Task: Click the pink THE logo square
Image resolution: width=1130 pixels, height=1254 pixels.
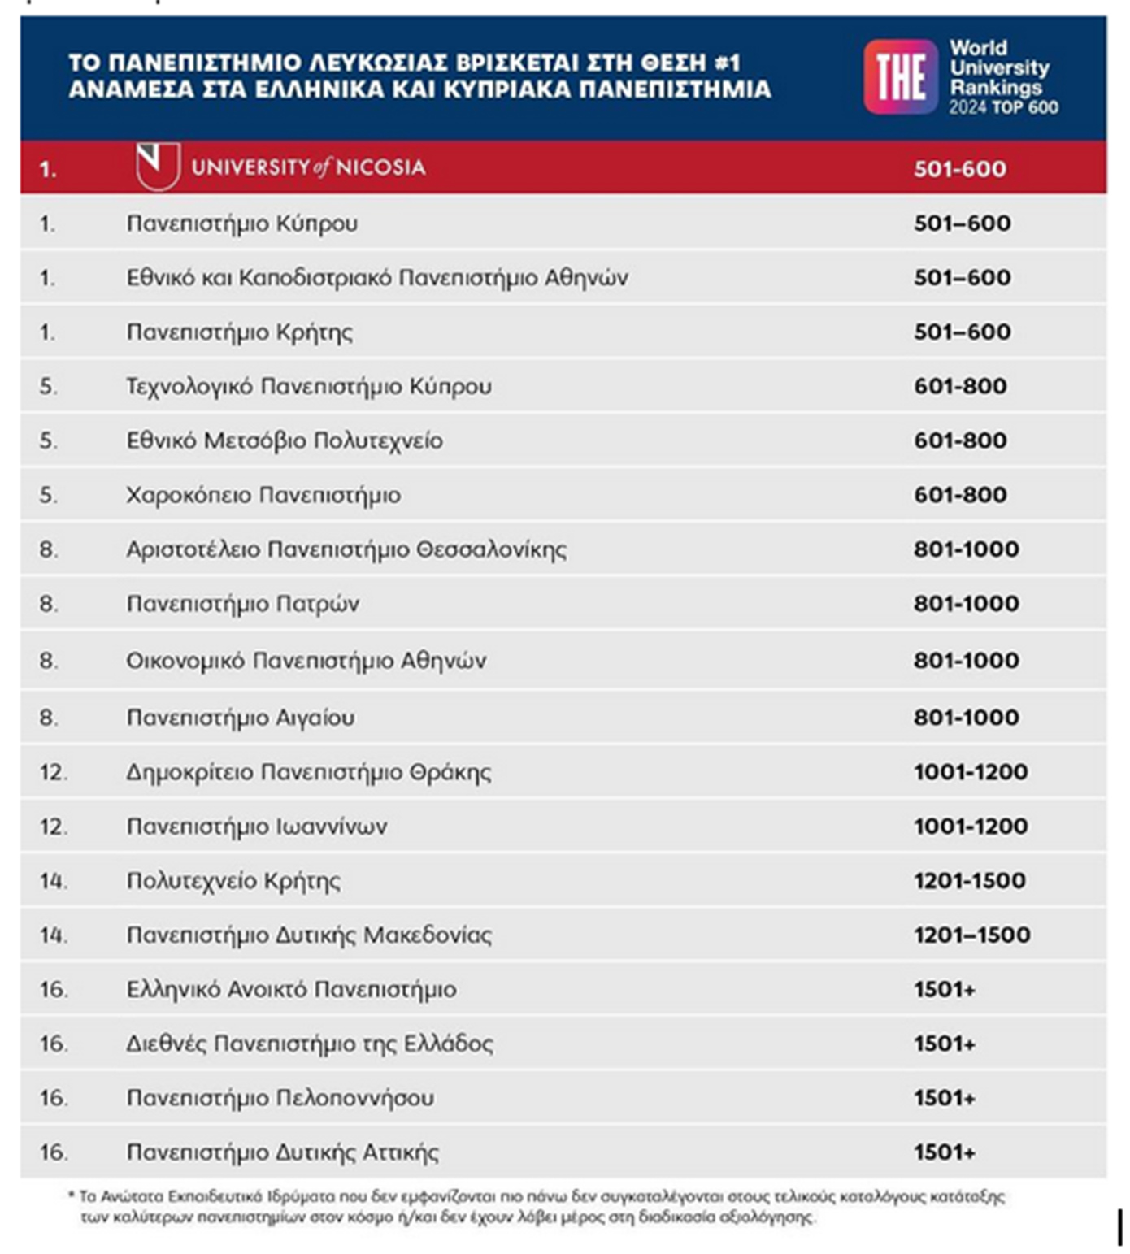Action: [900, 77]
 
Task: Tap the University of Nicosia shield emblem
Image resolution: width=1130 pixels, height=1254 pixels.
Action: [158, 165]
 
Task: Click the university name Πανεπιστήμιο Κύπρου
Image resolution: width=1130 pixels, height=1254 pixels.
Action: [241, 223]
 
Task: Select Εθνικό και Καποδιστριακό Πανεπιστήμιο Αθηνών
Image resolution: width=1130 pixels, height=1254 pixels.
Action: [376, 278]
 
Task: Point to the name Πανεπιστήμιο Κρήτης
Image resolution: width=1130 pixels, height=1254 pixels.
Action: [239, 332]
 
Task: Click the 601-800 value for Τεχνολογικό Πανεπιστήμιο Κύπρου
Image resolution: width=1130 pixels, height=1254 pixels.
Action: [960, 386]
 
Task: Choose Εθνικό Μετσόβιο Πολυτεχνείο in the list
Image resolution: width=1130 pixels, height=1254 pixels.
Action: [284, 440]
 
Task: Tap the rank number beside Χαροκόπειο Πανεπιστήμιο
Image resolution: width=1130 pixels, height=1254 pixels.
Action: [48, 495]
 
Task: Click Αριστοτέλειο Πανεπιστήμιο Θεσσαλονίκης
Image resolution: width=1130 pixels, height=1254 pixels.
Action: [346, 549]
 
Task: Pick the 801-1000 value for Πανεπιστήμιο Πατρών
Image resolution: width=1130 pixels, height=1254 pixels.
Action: [966, 604]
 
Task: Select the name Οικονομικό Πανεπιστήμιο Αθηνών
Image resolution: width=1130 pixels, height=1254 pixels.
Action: [306, 661]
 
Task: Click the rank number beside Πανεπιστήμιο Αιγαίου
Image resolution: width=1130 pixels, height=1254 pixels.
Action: [48, 718]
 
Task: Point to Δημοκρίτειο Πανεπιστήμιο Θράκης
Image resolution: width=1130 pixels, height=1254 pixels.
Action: [308, 772]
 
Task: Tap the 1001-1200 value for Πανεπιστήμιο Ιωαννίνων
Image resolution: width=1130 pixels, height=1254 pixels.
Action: [970, 827]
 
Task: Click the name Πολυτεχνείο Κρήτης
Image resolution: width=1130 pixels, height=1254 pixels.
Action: [233, 881]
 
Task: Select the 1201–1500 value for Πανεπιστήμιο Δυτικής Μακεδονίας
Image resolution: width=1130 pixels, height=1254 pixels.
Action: [971, 935]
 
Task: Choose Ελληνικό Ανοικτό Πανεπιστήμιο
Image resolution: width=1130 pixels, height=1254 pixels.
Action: [291, 990]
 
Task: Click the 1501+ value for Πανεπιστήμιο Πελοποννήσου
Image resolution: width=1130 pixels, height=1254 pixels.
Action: [944, 1098]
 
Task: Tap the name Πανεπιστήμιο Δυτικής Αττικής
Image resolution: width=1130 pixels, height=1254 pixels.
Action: [282, 1152]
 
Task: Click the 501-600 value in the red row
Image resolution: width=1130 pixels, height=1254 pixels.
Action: [959, 169]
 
